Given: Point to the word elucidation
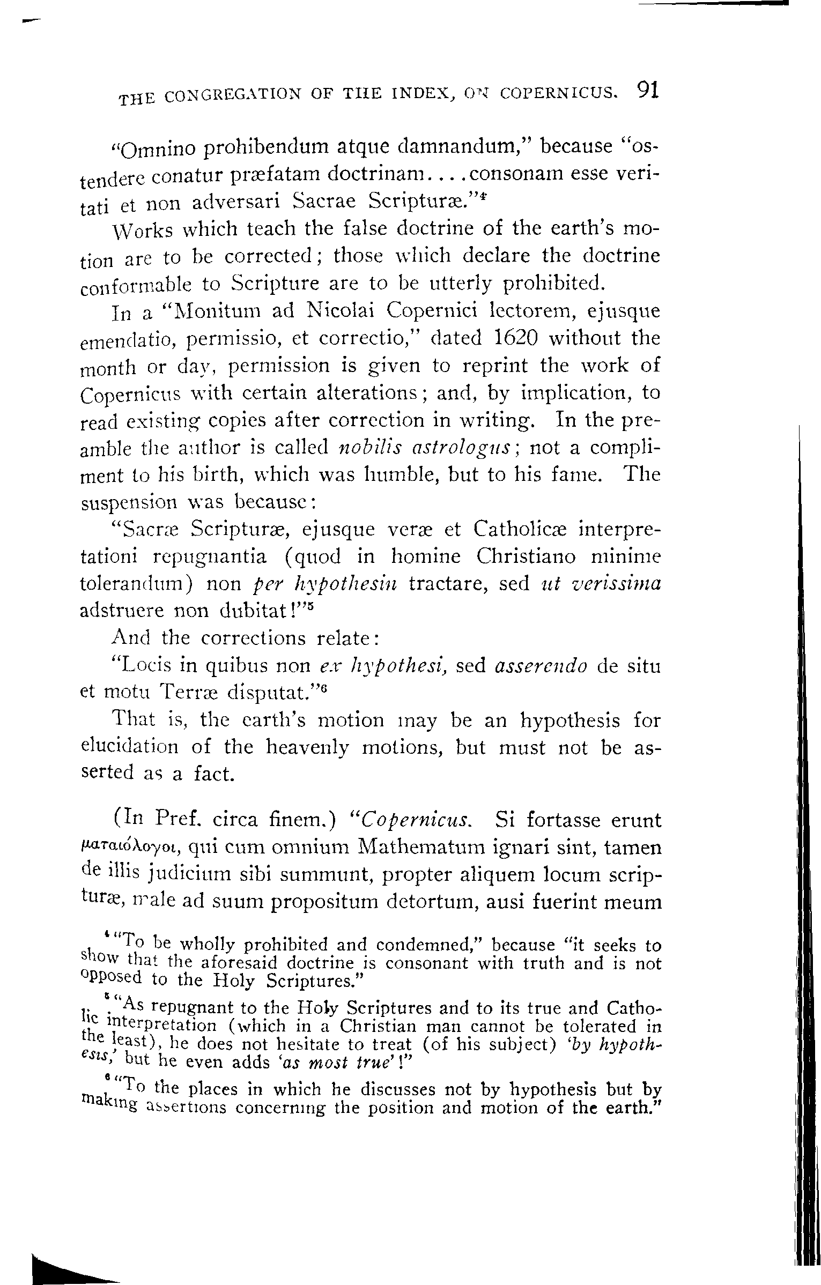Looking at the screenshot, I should pyautogui.click(x=129, y=747).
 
